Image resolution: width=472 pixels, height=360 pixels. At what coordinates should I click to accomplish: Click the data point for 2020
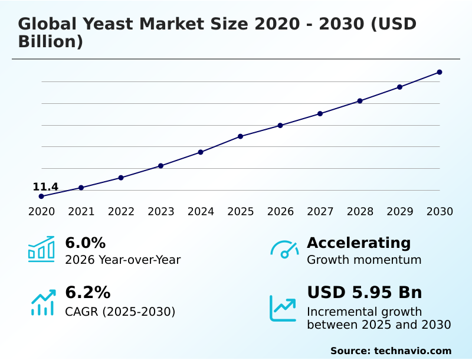[41, 196]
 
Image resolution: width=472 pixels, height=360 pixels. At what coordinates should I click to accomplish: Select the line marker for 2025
[240, 136]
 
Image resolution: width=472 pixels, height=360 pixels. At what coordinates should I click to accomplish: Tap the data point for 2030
[440, 72]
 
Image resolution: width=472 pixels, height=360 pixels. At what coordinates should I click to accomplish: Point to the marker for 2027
[320, 113]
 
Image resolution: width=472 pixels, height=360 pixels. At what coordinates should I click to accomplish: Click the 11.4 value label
[45, 187]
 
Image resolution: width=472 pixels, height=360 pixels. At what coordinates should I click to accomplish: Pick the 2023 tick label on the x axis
[160, 212]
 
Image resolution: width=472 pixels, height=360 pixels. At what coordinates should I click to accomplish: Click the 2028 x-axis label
[360, 212]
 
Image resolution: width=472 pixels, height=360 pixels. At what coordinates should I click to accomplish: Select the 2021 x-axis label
[81, 212]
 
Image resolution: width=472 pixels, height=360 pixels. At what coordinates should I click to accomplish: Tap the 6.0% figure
[85, 243]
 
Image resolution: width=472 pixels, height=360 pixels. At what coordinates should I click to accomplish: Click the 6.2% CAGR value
[87, 293]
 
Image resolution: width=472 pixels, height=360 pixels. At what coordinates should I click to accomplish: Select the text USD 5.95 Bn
[364, 293]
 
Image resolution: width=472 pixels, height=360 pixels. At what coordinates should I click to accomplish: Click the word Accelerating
[358, 243]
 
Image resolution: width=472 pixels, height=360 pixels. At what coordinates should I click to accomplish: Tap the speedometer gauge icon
[284, 249]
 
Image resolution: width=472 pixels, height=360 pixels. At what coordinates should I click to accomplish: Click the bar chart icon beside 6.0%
[41, 249]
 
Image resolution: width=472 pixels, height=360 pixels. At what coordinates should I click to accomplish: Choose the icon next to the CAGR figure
[42, 302]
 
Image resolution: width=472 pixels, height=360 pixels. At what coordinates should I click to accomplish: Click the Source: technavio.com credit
[391, 351]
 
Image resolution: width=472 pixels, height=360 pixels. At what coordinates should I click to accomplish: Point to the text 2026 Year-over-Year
[123, 260]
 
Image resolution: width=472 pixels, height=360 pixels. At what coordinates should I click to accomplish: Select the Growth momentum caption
[364, 260]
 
